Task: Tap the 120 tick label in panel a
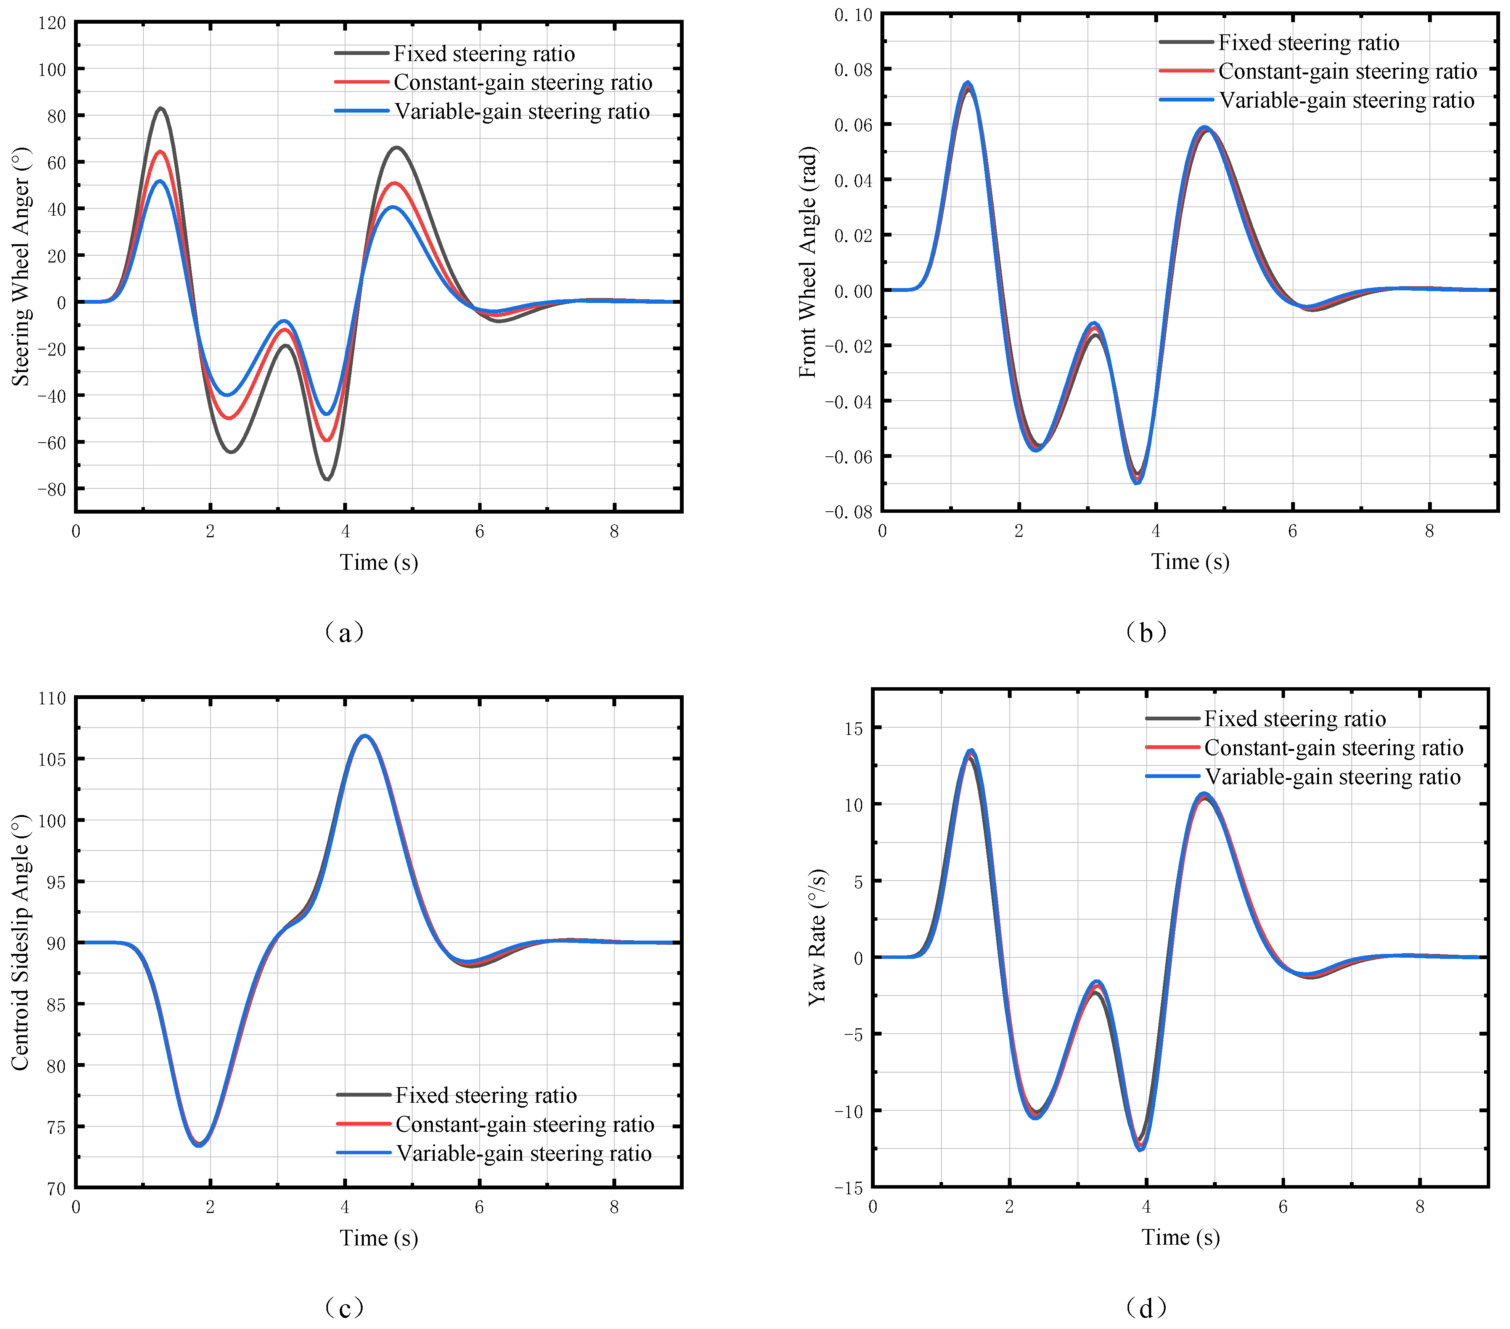(x=52, y=23)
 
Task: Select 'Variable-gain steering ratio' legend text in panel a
(x=522, y=112)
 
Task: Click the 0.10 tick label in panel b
(x=853, y=15)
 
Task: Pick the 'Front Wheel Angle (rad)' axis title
(x=808, y=263)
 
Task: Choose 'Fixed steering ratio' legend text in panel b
(x=1308, y=43)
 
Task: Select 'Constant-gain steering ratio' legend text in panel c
(x=525, y=1124)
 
